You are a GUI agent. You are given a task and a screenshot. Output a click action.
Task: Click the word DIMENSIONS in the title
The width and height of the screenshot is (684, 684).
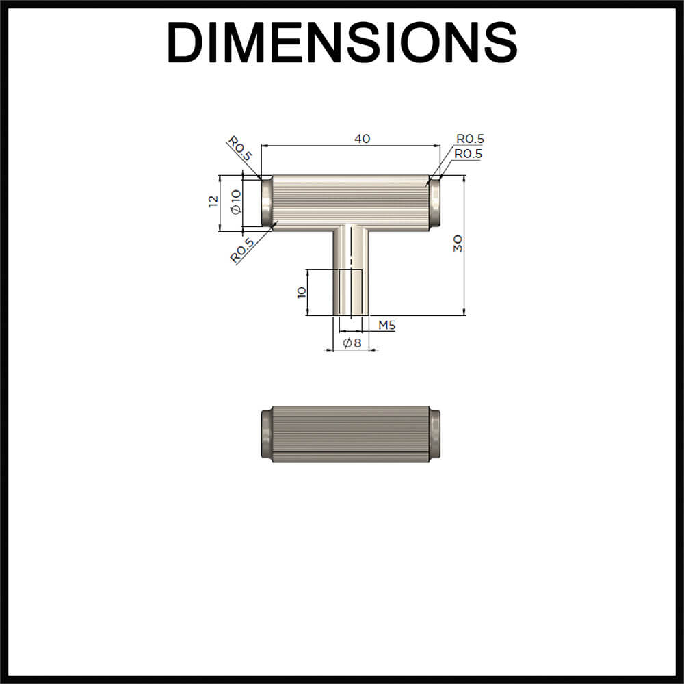[341, 42]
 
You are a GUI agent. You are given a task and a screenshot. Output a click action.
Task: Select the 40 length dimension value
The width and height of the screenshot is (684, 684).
[362, 139]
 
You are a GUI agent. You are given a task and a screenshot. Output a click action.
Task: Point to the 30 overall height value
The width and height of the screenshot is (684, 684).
[458, 244]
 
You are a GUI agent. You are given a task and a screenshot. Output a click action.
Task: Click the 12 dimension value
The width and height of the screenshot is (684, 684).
[213, 201]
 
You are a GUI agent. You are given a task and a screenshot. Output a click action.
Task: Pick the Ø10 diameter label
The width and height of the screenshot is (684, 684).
[236, 202]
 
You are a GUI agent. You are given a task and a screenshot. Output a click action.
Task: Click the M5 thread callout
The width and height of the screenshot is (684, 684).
[387, 325]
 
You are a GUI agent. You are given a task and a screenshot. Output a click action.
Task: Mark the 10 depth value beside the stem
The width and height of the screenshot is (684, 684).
[300, 292]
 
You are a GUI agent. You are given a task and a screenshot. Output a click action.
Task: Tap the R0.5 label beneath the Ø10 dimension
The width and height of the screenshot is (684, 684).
[242, 250]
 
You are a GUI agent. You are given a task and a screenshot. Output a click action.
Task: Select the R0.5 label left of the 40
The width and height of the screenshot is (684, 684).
[240, 148]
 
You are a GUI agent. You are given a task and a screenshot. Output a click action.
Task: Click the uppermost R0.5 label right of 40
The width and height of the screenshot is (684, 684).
[470, 140]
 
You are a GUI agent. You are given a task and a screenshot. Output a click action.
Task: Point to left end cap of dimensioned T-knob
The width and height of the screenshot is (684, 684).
[267, 203]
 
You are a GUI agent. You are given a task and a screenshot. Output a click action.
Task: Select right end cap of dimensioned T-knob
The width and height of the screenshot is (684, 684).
[435, 203]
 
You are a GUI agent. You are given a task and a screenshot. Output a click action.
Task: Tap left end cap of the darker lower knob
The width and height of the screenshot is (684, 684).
[266, 434]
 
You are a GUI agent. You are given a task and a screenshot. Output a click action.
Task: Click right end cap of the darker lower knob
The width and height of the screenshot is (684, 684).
[435, 434]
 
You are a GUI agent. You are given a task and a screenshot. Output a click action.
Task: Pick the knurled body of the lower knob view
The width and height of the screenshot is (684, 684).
[351, 434]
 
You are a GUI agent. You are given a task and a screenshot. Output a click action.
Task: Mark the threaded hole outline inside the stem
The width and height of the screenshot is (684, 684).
[351, 293]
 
